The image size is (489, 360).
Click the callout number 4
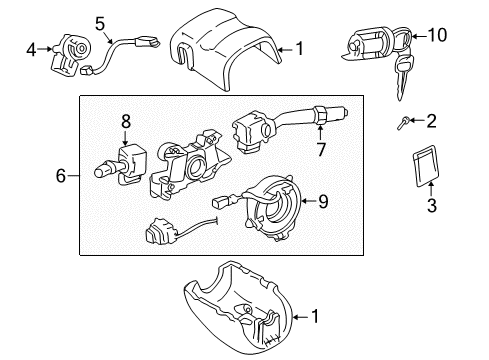[x=31, y=47]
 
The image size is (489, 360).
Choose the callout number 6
[x=62, y=177]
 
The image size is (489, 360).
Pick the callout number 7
[x=322, y=150]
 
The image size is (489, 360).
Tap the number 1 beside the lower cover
[x=317, y=318]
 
